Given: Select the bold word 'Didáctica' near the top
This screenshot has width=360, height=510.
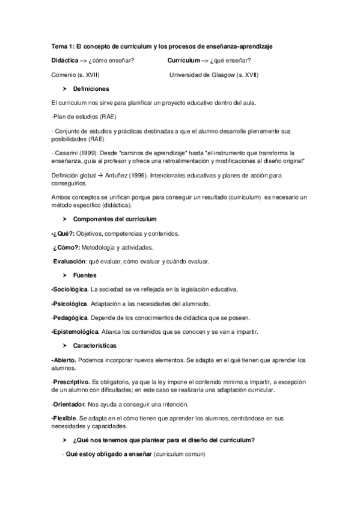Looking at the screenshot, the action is (x=65, y=60).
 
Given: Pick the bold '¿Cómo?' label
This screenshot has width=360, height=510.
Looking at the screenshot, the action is (x=67, y=247).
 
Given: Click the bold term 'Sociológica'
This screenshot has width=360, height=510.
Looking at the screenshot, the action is (x=71, y=289).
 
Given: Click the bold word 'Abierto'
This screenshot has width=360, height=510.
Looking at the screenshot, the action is (x=65, y=360).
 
